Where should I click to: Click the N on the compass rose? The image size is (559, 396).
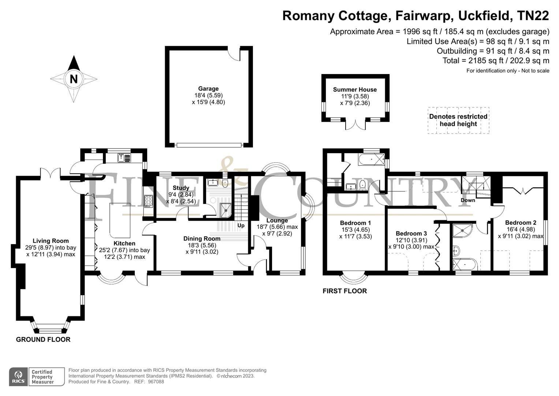pos(74,79)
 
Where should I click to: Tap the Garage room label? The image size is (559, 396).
pos(208,88)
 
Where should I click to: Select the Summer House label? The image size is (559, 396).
pos(355,89)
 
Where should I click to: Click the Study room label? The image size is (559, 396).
pos(181,188)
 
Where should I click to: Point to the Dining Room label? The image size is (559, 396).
pos(202,238)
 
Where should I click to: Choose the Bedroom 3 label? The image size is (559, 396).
pos(411,233)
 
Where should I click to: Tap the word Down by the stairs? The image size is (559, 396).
pos(468,200)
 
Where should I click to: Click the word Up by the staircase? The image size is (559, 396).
pos(241,225)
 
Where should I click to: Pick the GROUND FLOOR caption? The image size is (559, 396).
pos(43,340)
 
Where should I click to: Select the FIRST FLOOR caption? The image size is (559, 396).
pos(344,291)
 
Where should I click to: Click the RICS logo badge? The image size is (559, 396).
pos(18,377)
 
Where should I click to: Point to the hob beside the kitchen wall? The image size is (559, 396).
pos(149,201)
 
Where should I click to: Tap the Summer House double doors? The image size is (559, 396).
pos(355,124)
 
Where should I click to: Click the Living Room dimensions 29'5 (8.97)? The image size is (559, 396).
pos(51,247)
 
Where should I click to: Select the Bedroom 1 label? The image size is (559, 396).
pos(355,223)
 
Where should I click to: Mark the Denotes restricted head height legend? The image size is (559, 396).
pos(458,120)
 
